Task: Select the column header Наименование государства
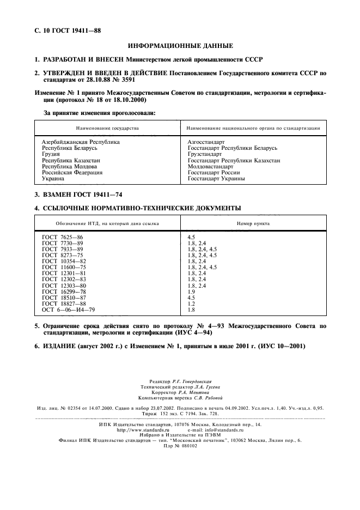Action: [107, 128]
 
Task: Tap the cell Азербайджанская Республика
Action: [81, 142]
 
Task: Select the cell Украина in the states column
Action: [53, 178]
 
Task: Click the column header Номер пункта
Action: [253, 223]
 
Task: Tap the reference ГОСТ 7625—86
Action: [63, 238]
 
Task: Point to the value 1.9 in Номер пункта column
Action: [191, 292]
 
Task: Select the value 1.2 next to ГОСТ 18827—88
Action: [191, 303]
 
